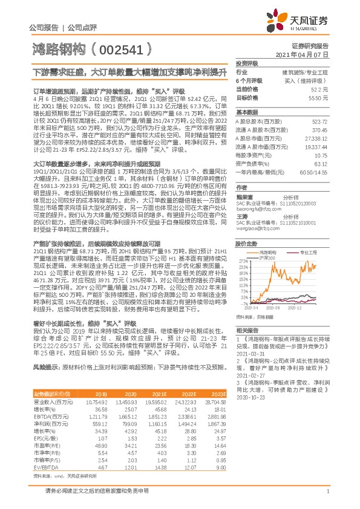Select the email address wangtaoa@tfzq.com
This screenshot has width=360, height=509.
pyautogui.click(x=257, y=212)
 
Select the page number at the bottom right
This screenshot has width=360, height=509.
pyautogui.click(x=327, y=493)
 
